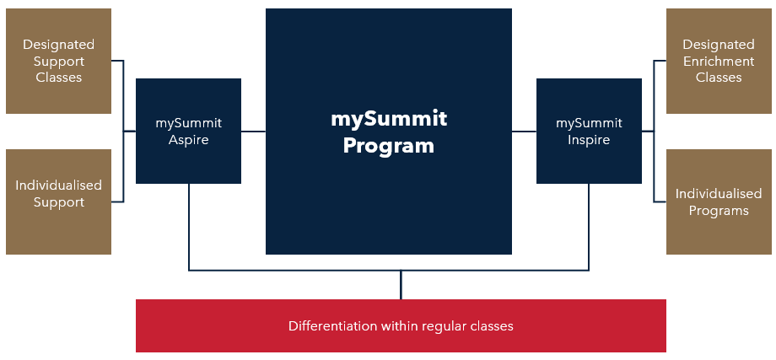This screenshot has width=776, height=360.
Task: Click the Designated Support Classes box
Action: point(58,62)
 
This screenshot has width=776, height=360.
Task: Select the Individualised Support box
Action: point(58,201)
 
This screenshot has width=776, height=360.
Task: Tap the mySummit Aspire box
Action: point(189,131)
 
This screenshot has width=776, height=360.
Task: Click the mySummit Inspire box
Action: point(589,131)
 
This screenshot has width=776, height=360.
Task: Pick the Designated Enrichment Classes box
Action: point(719,62)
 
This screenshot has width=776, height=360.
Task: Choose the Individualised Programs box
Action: point(719,201)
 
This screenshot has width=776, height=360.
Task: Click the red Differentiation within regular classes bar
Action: point(401,326)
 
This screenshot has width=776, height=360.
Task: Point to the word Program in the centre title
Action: point(389,147)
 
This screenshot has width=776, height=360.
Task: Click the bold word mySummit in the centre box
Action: point(389,119)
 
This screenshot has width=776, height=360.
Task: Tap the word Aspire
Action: point(189,141)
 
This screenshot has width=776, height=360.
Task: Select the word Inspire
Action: point(589,141)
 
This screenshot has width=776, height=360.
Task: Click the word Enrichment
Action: point(719,62)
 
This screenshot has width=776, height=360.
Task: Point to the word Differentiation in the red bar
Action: point(333,326)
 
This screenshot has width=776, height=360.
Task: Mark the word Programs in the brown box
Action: point(719,211)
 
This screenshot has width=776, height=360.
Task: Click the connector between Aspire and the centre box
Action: point(253,132)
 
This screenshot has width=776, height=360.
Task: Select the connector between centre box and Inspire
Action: point(524,132)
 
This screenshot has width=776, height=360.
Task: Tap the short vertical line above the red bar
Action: point(401,285)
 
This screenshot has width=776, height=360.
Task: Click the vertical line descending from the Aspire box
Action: point(189,227)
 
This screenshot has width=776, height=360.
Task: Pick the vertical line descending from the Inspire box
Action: point(589,227)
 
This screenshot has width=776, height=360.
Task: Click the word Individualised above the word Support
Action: point(58,185)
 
